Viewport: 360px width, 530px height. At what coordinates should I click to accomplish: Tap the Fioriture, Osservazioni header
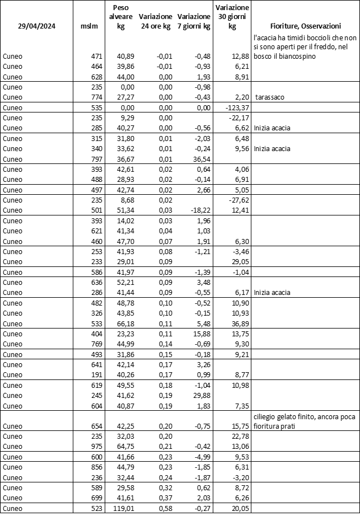pyautogui.click(x=305, y=26)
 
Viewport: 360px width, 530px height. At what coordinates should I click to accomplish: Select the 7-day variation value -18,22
pyautogui.click(x=200, y=210)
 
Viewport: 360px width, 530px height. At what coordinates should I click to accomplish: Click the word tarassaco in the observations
pyautogui.click(x=272, y=97)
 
